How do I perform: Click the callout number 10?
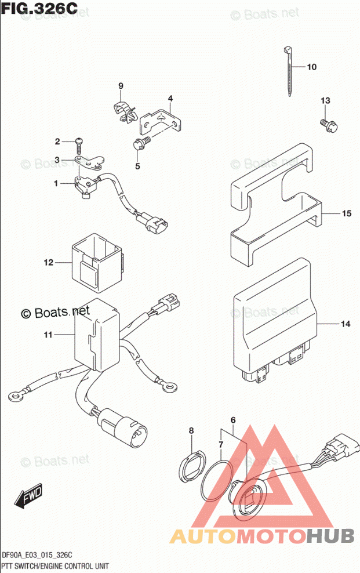[311, 67]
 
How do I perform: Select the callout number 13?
[325, 101]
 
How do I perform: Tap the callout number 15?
[346, 214]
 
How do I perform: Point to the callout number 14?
[346, 324]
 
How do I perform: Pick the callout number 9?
[121, 86]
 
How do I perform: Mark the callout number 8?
[191, 430]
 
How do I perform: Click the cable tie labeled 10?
[288, 70]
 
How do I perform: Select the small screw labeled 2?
[79, 141]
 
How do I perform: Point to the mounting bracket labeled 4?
[165, 121]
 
